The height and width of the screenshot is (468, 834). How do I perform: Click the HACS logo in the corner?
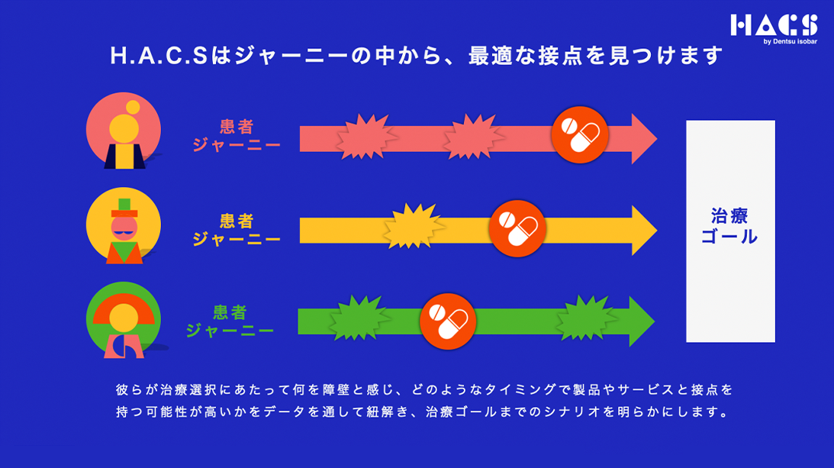(773, 25)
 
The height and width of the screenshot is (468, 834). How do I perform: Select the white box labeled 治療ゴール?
(730, 231)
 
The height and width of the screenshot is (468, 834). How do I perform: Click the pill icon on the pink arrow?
(579, 134)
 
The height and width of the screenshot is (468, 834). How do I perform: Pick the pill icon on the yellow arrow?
(516, 227)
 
